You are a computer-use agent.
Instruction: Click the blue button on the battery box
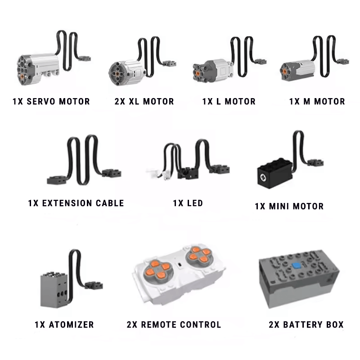pos(297,265)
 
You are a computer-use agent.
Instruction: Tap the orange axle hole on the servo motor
pos(22,76)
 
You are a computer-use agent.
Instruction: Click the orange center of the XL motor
pos(117,73)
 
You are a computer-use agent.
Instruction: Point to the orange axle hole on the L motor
pos(198,73)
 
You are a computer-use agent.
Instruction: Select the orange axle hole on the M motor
pos(284,72)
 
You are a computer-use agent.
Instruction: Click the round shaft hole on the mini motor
pos(263,176)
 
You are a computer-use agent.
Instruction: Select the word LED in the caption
pos(195,203)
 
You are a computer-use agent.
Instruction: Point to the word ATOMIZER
pos(72,324)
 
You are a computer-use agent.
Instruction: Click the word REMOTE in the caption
pos(158,324)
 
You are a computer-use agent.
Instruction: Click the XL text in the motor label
pos(134,102)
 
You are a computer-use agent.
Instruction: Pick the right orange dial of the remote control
pos(199,256)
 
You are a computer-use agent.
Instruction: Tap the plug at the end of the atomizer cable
pos(94,285)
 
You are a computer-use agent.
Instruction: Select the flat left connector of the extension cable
pos(57,180)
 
